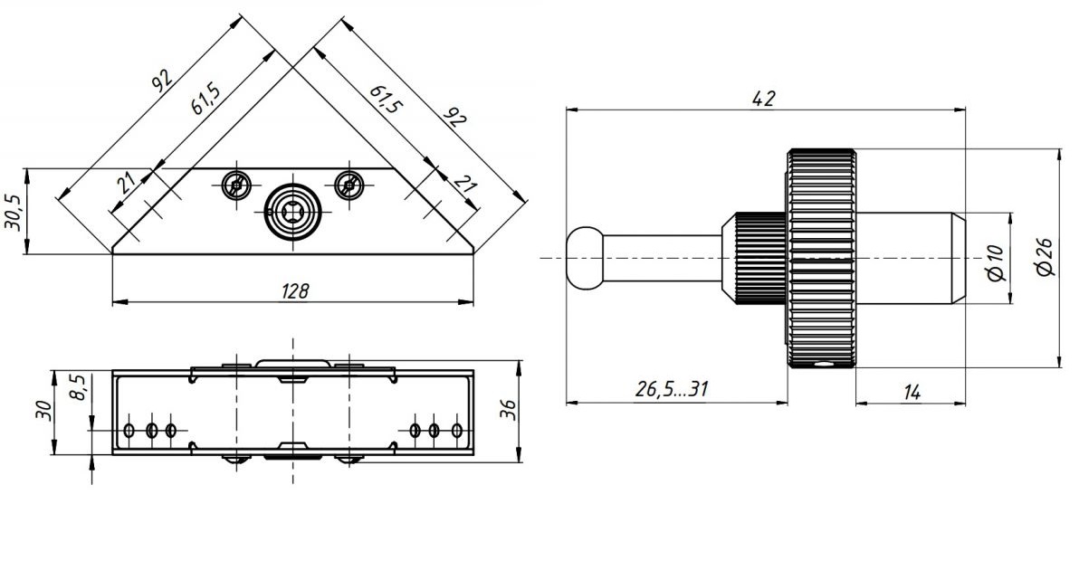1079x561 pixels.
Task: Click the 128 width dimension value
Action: tap(295, 290)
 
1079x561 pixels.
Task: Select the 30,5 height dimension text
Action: tap(14, 211)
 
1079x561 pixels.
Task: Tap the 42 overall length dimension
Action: tap(764, 99)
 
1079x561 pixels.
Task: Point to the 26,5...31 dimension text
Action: tap(671, 390)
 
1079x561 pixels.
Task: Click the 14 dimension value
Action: tap(911, 391)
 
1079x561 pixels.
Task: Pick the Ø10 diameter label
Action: tap(996, 260)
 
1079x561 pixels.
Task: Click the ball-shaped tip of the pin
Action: tap(584, 258)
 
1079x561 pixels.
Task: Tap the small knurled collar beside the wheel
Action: tap(759, 258)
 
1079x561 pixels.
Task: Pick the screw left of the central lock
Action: tap(236, 185)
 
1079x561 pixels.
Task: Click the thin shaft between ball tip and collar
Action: tap(661, 258)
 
